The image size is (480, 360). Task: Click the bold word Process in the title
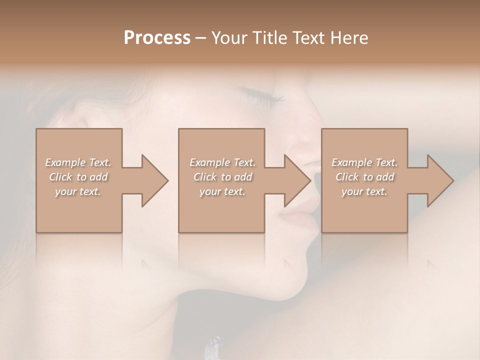(157, 38)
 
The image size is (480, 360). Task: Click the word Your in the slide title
(230, 38)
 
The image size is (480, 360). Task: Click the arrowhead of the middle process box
(297, 181)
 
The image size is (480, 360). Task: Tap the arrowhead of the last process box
(440, 181)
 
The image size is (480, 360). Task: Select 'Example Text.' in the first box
(78, 162)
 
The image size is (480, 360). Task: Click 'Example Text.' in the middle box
(222, 162)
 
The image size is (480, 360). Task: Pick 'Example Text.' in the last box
(364, 162)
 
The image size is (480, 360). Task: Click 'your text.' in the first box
(78, 191)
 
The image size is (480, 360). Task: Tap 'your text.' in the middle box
(222, 191)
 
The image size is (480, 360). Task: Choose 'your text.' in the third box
(364, 191)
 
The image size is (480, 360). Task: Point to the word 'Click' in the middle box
(205, 177)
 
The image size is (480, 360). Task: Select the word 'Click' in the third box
(347, 177)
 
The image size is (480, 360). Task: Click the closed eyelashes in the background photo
(260, 95)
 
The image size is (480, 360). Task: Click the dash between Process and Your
(201, 38)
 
